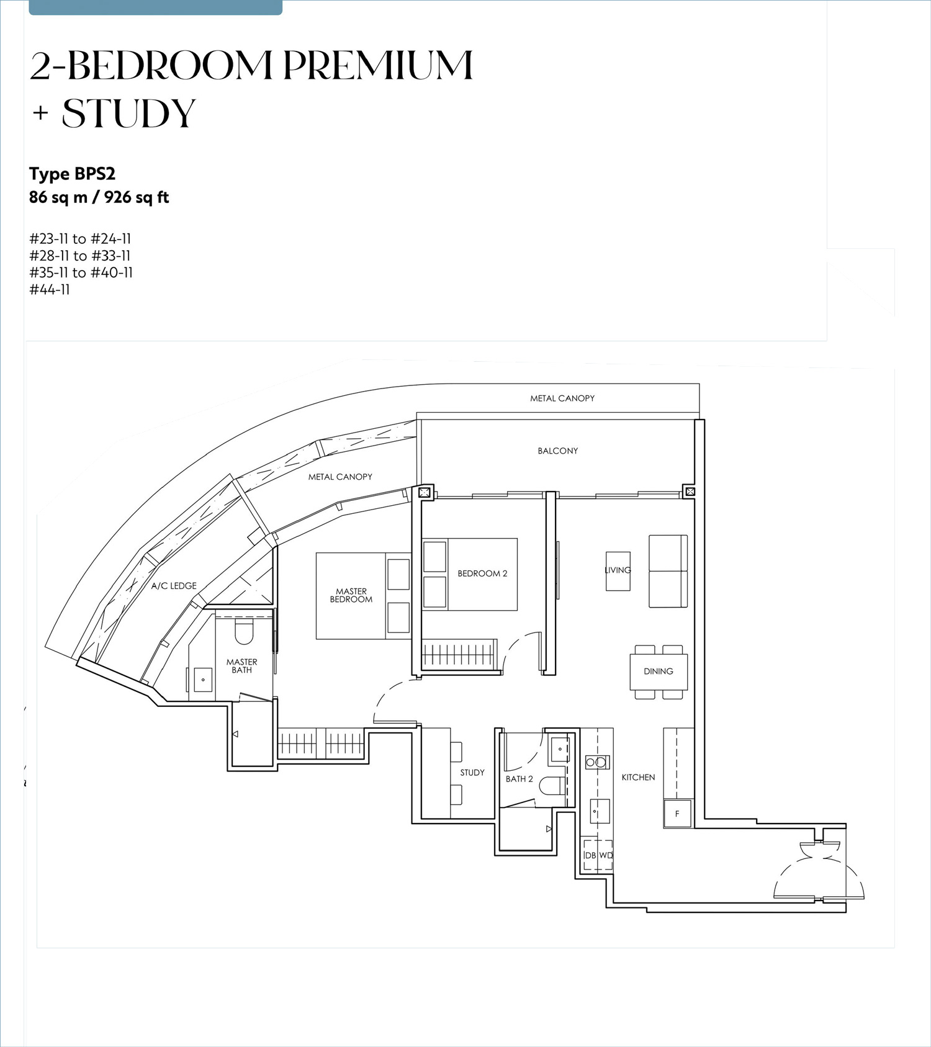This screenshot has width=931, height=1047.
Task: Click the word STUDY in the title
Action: tap(129, 113)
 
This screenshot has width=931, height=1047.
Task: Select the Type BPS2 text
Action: tap(73, 174)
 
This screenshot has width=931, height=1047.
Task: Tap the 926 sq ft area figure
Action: tap(137, 197)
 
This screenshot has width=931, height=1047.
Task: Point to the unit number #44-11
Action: tap(50, 290)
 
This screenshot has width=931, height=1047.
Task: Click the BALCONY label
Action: tap(558, 451)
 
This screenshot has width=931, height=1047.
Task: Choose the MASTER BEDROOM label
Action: tap(351, 595)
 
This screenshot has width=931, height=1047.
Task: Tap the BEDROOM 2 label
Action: tap(482, 573)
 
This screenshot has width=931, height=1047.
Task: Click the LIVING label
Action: tap(618, 570)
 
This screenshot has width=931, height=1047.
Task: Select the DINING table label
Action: tap(659, 671)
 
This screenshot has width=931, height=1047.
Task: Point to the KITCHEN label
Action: tap(638, 777)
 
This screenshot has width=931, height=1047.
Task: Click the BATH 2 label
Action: tap(519, 779)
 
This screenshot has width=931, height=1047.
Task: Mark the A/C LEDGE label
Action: tap(174, 586)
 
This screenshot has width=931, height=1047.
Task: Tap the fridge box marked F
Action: tap(677, 814)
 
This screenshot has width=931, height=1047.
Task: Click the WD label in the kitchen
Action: tap(606, 855)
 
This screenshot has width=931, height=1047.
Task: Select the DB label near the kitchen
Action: tap(590, 855)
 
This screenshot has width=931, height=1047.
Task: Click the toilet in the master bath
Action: tap(245, 631)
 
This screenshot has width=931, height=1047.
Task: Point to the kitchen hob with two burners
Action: tap(597, 763)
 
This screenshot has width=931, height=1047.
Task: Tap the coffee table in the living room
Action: tap(618, 571)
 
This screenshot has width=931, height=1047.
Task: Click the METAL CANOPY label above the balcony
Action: tap(562, 398)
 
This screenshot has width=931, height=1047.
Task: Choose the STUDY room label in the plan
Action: tap(472, 773)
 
